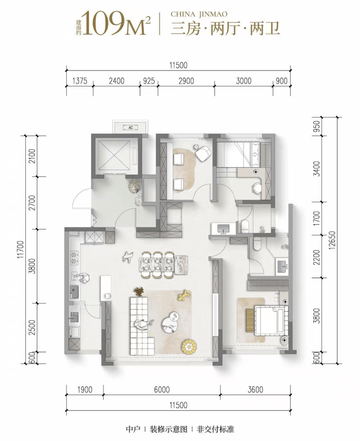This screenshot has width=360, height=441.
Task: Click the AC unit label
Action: tap(130, 127)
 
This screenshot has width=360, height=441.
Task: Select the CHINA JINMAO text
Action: tap(199, 14)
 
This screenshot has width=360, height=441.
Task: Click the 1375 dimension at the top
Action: tap(80, 81)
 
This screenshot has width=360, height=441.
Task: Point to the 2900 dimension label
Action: tap(186, 81)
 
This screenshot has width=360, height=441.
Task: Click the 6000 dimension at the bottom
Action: tap(162, 389)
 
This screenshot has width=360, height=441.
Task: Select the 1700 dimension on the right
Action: tap(317, 218)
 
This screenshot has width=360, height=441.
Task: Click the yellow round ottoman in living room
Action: tap(189, 347)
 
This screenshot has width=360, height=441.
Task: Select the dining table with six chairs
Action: tap(160, 265)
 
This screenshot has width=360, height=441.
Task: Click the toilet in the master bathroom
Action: tap(257, 244)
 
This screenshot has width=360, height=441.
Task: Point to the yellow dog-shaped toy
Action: tap(184, 295)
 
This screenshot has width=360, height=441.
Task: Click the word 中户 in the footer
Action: tap(133, 429)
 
